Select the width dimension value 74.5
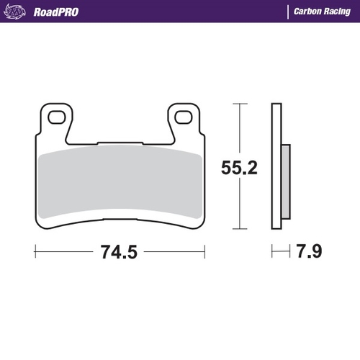pos(120,253)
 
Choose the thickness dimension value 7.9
pos(307,253)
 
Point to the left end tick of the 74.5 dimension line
pos(35,252)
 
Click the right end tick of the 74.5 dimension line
pos(205,252)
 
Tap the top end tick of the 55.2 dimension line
pos(239,104)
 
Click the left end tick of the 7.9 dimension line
pos(271,252)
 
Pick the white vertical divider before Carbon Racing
pos(288,12)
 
